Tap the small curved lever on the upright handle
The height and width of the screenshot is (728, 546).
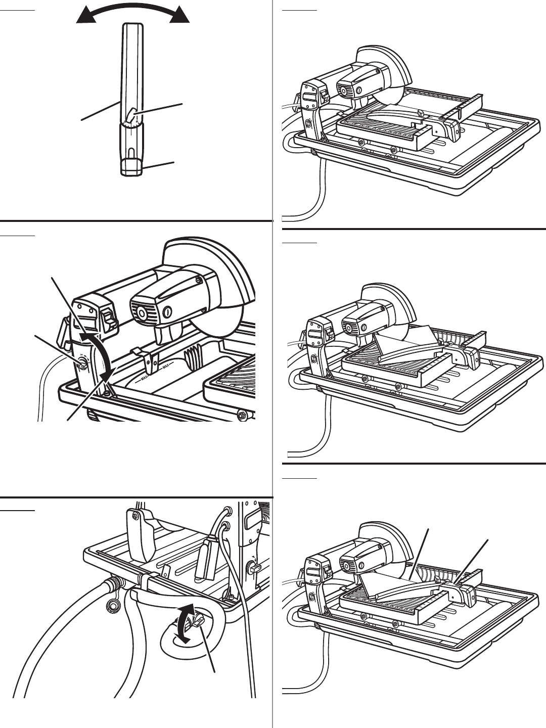coord(131,116)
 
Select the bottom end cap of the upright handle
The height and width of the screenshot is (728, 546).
coord(131,167)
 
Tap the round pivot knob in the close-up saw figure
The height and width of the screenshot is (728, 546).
coord(79,362)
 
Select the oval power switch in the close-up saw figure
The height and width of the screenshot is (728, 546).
coord(166,312)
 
